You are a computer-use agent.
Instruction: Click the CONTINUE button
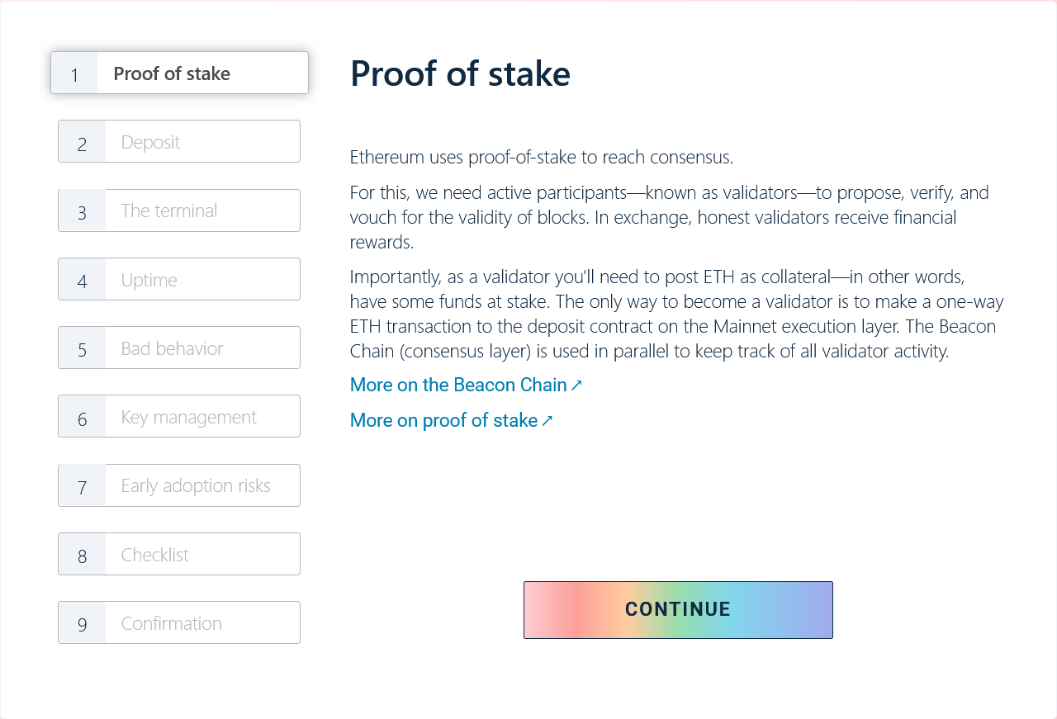pos(678,609)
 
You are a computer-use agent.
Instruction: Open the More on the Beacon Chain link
pos(466,385)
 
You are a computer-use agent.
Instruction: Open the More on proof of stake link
pos(451,420)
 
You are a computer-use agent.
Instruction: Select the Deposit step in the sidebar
pos(179,141)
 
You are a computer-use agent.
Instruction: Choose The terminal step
pos(179,210)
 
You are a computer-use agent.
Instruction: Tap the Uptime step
pos(179,279)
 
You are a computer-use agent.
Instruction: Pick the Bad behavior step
pos(179,348)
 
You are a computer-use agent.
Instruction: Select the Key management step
pos(179,416)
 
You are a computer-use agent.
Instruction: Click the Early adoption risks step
pos(179,485)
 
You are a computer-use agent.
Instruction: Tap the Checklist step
pos(179,554)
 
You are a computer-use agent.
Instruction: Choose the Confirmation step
pos(179,622)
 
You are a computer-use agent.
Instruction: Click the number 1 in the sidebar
pos(74,75)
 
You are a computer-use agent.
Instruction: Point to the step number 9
pos(82,625)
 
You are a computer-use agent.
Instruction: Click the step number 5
pos(82,350)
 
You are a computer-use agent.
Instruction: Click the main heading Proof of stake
pos(460,74)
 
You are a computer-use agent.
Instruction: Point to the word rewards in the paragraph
pos(382,243)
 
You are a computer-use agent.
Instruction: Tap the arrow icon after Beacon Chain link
pos(576,386)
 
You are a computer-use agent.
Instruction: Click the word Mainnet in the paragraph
pos(748,326)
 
